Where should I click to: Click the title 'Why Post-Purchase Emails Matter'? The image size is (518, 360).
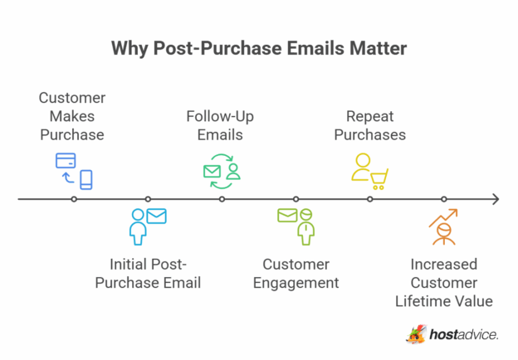(x=258, y=49)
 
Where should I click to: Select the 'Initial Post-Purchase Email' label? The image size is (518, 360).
(x=149, y=274)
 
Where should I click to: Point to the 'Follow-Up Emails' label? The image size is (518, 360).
(x=220, y=124)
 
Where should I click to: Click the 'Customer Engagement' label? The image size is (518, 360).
(x=296, y=274)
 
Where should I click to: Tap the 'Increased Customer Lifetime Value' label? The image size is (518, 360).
(x=444, y=283)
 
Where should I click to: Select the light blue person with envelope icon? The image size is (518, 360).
(x=148, y=226)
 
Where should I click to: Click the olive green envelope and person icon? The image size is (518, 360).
(x=296, y=225)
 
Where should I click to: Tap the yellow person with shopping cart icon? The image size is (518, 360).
(x=369, y=171)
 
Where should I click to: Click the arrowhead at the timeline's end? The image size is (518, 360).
(x=495, y=199)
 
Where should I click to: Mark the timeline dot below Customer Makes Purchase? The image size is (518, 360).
(x=74, y=199)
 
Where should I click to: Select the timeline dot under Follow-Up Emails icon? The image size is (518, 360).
(x=222, y=199)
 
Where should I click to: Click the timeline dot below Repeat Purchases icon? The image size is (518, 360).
(x=370, y=199)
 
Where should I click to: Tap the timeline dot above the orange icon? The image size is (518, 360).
(x=444, y=199)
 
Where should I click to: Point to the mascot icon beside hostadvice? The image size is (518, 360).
(x=416, y=333)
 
